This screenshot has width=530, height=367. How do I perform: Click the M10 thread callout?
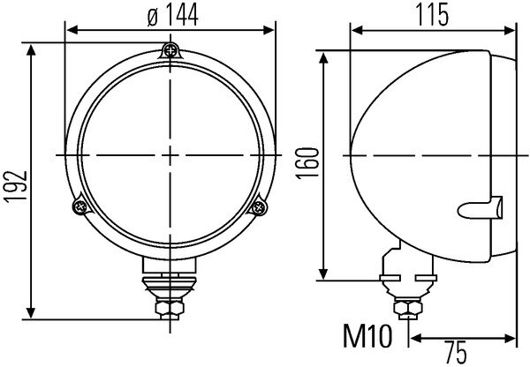[x=364, y=335]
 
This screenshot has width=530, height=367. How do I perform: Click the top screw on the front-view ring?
[x=169, y=50]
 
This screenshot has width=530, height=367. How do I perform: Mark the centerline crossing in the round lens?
[x=169, y=154]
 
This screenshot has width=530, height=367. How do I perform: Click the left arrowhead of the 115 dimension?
[x=356, y=28]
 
